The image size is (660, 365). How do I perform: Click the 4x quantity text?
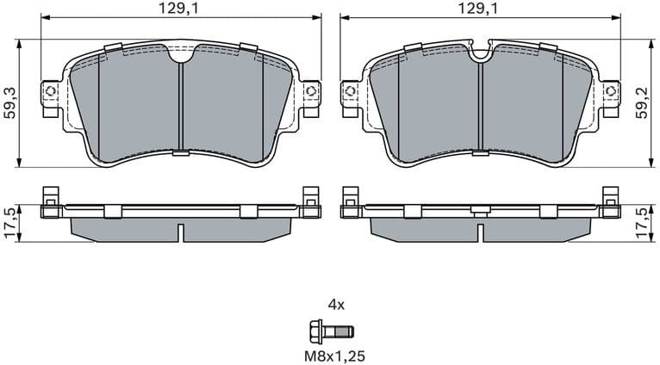point(335,304)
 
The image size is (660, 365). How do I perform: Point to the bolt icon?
point(331,330)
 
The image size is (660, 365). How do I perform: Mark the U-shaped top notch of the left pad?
point(180,56)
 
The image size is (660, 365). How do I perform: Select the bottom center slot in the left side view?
point(180,232)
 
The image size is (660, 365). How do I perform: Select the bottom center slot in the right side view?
point(481,232)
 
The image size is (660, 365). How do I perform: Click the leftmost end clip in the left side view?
point(50,201)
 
